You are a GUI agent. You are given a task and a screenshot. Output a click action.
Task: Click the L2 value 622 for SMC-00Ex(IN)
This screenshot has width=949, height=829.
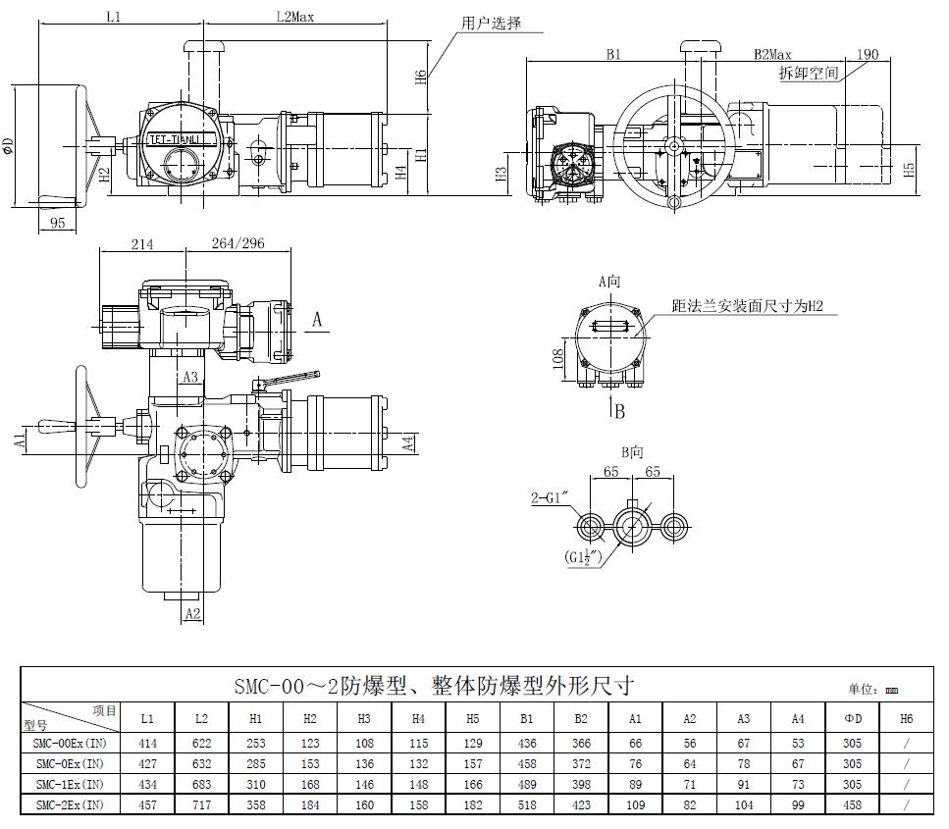[201, 744]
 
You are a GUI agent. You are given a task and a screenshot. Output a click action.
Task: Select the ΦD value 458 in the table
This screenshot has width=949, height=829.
[852, 803]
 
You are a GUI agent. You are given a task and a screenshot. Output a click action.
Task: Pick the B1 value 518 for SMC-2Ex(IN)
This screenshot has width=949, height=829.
[527, 803]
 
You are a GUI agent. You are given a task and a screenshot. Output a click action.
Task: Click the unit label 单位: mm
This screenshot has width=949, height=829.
[872, 691]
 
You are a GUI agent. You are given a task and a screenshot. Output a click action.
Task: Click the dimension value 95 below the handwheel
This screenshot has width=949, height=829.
[57, 223]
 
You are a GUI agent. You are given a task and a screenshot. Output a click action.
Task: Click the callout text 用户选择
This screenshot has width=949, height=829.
[492, 23]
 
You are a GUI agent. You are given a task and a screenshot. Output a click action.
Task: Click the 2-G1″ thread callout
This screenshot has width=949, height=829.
[551, 498]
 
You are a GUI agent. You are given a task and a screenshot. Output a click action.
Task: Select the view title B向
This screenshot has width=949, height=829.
[632, 452]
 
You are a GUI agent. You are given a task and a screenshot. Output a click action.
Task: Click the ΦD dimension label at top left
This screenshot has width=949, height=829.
[9, 147]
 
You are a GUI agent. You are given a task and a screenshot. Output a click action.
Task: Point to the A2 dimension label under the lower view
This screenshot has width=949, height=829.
[192, 613]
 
